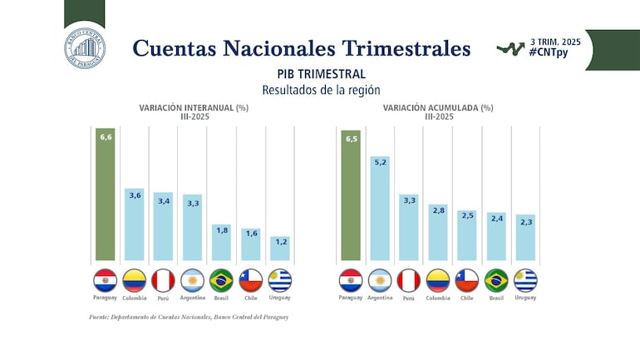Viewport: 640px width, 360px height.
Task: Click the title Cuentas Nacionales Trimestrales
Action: point(301,48)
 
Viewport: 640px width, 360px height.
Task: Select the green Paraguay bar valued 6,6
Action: point(106,195)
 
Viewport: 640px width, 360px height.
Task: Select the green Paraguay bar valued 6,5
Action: point(351,195)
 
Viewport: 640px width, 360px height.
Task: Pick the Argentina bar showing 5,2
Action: point(380,208)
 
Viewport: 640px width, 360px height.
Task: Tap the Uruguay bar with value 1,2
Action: point(280,249)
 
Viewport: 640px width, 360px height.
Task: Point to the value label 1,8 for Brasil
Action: point(221,230)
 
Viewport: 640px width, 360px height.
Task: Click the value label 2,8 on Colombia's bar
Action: point(439,211)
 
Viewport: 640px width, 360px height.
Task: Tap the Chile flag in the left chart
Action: point(251,279)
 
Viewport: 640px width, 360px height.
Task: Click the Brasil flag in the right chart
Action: point(496,279)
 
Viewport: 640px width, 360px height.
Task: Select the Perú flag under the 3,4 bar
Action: point(164,279)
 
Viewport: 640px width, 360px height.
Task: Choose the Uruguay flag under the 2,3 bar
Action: point(525,279)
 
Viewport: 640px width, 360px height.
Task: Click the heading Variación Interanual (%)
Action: point(193,107)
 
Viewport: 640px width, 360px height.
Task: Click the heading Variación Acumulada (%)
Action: point(438,107)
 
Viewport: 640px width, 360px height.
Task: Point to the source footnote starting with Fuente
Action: point(188,317)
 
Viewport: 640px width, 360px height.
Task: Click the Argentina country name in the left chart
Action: point(193,297)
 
